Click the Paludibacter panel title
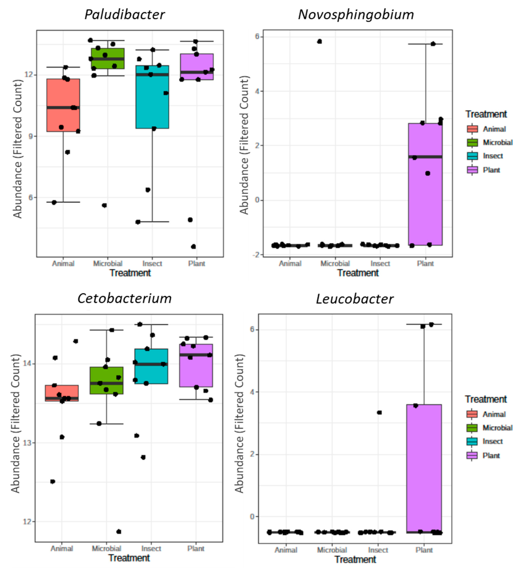coord(124,15)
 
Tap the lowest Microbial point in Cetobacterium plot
coord(119,531)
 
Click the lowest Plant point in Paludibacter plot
coord(193,247)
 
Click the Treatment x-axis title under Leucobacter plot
coord(355,559)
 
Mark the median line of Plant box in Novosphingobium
coord(425,157)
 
